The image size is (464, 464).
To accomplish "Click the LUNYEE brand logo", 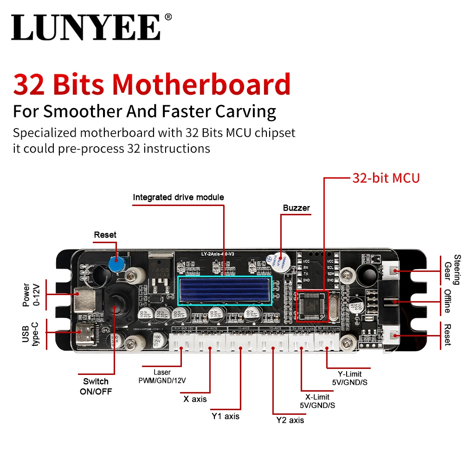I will click(x=87, y=27).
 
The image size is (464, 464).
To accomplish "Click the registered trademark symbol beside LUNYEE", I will click(x=168, y=17).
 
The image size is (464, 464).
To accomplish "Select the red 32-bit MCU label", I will click(x=386, y=178).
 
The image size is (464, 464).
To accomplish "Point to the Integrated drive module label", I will click(x=178, y=197).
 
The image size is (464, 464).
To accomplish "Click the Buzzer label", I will click(x=296, y=208).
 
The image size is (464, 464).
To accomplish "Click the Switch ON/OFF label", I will click(x=96, y=386).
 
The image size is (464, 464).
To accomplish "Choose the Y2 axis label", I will click(x=290, y=420).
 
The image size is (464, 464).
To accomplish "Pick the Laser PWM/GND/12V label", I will click(x=161, y=376).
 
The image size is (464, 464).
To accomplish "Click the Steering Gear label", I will click(x=452, y=269).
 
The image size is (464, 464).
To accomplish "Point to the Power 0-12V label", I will click(x=29, y=295).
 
